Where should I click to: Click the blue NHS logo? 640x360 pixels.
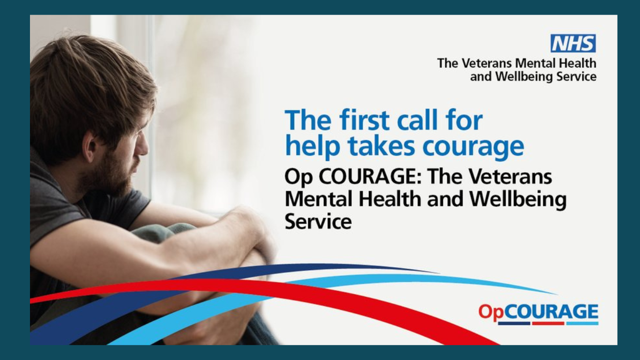573,43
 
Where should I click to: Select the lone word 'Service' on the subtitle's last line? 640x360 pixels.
318,222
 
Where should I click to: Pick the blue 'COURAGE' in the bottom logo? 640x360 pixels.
550,311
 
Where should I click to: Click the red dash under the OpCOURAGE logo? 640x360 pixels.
548,323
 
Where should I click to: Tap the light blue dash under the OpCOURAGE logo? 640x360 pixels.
582,323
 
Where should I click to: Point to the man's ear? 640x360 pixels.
89,150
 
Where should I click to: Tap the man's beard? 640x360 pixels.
110,174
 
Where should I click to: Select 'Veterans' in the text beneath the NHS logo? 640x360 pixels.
486,63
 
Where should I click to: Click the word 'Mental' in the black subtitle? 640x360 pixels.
319,199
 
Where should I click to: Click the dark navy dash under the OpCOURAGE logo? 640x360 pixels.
514,323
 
